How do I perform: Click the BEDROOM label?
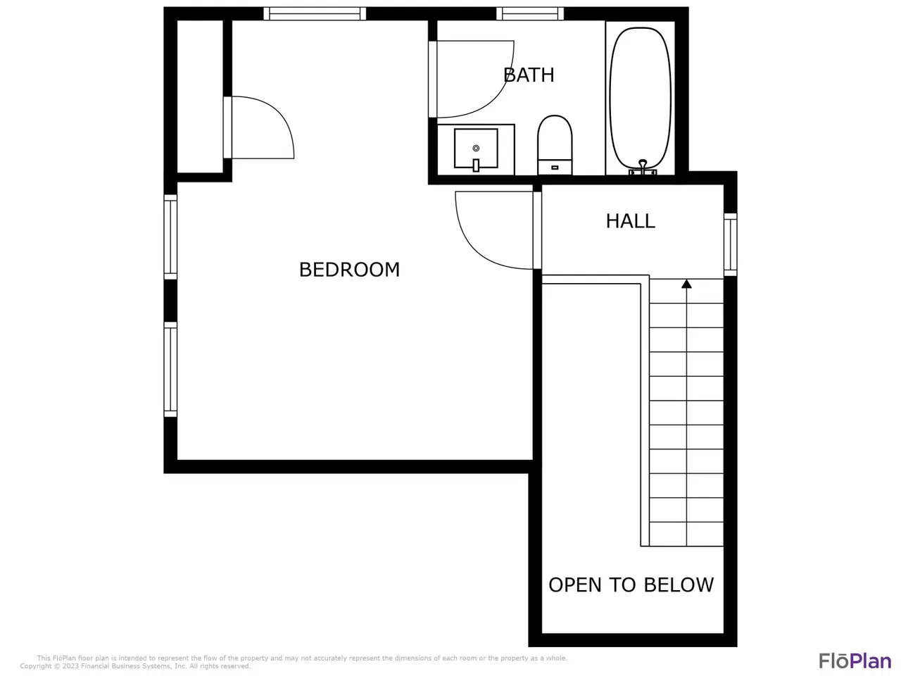(x=349, y=270)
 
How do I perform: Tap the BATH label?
(x=529, y=75)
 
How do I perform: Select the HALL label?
(x=630, y=221)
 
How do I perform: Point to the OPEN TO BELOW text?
(x=631, y=585)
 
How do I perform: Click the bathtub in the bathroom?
(x=640, y=99)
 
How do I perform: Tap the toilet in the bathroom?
(x=555, y=145)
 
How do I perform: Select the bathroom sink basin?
(x=476, y=148)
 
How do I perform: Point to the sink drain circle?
(x=476, y=148)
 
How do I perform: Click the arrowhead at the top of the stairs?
(x=686, y=284)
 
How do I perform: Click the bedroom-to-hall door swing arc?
(x=472, y=246)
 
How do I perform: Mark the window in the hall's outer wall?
(x=730, y=244)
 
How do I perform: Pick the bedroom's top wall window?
(x=315, y=13)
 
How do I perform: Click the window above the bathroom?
(x=529, y=13)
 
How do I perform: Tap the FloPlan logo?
(x=855, y=661)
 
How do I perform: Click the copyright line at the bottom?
(x=135, y=665)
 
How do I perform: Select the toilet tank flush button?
(x=555, y=168)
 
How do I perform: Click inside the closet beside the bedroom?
(x=200, y=96)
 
